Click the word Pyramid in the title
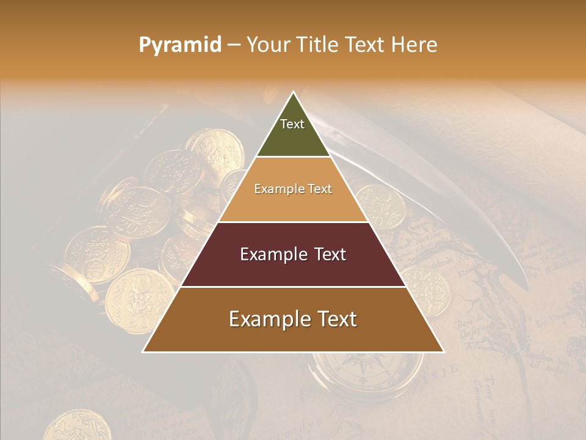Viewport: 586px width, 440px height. click(179, 45)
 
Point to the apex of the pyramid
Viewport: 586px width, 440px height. click(293, 93)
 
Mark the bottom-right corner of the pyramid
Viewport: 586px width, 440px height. click(443, 351)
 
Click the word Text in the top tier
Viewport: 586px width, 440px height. click(292, 124)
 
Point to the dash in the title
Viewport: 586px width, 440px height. click(234, 45)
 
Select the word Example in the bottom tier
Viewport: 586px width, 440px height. click(266, 319)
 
